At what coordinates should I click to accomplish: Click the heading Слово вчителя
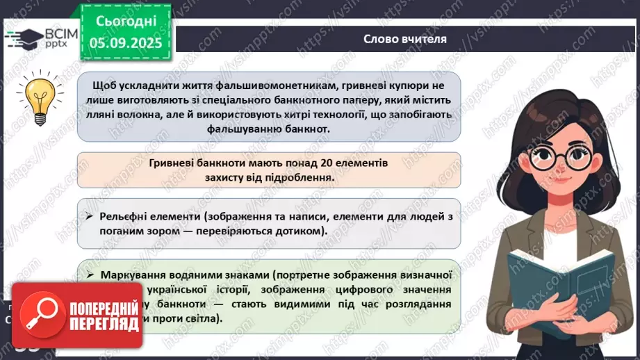point(404,39)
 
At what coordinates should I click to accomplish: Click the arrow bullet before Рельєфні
point(90,217)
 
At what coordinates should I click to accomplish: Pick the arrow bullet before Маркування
point(90,274)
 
